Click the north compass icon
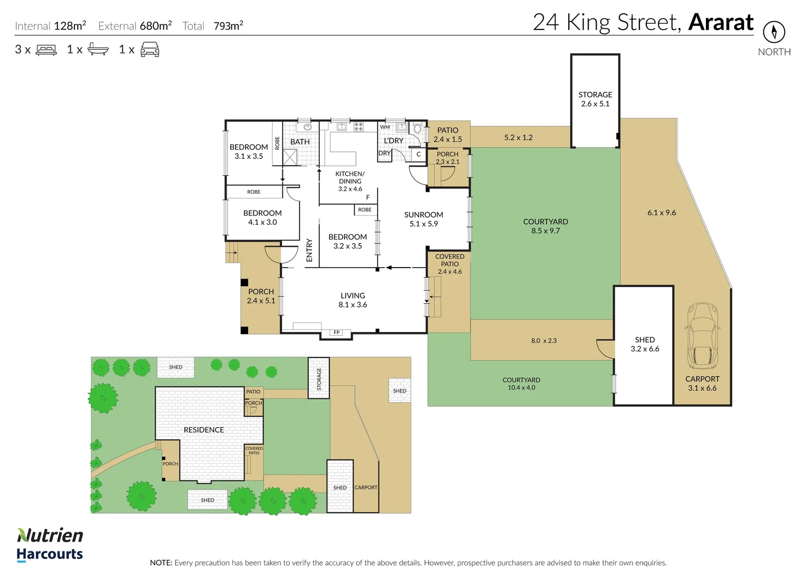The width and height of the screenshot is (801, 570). click(774, 32)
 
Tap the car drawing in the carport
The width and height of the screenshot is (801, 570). click(702, 336)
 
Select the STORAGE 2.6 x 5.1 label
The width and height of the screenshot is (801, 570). click(595, 99)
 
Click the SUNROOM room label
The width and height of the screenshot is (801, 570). click(423, 219)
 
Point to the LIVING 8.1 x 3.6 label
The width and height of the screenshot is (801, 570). click(353, 300)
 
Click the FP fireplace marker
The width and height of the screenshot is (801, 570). click(337, 332)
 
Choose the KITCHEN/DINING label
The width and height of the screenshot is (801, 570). click(350, 181)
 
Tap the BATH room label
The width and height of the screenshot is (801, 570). click(300, 141)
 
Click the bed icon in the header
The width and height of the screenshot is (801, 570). click(46, 50)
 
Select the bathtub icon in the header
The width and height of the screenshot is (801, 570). click(98, 50)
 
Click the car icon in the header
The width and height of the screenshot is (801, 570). click(150, 50)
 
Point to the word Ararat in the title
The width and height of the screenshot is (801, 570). click(721, 23)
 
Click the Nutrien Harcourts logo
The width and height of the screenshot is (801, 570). click(50, 544)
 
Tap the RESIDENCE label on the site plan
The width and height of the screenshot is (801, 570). click(204, 430)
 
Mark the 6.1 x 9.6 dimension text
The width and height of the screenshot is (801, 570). click(661, 213)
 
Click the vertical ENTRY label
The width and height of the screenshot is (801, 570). click(309, 250)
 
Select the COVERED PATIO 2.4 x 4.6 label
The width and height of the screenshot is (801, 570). click(450, 264)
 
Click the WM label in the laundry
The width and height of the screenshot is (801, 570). click(385, 127)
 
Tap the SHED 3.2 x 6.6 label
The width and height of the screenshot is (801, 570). click(645, 344)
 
